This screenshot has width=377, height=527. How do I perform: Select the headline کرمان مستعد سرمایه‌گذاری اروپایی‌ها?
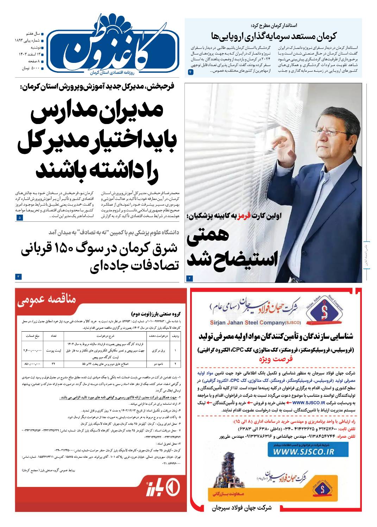tap(274, 36)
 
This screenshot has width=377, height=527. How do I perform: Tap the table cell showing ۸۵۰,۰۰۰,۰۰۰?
tap(32, 363)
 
